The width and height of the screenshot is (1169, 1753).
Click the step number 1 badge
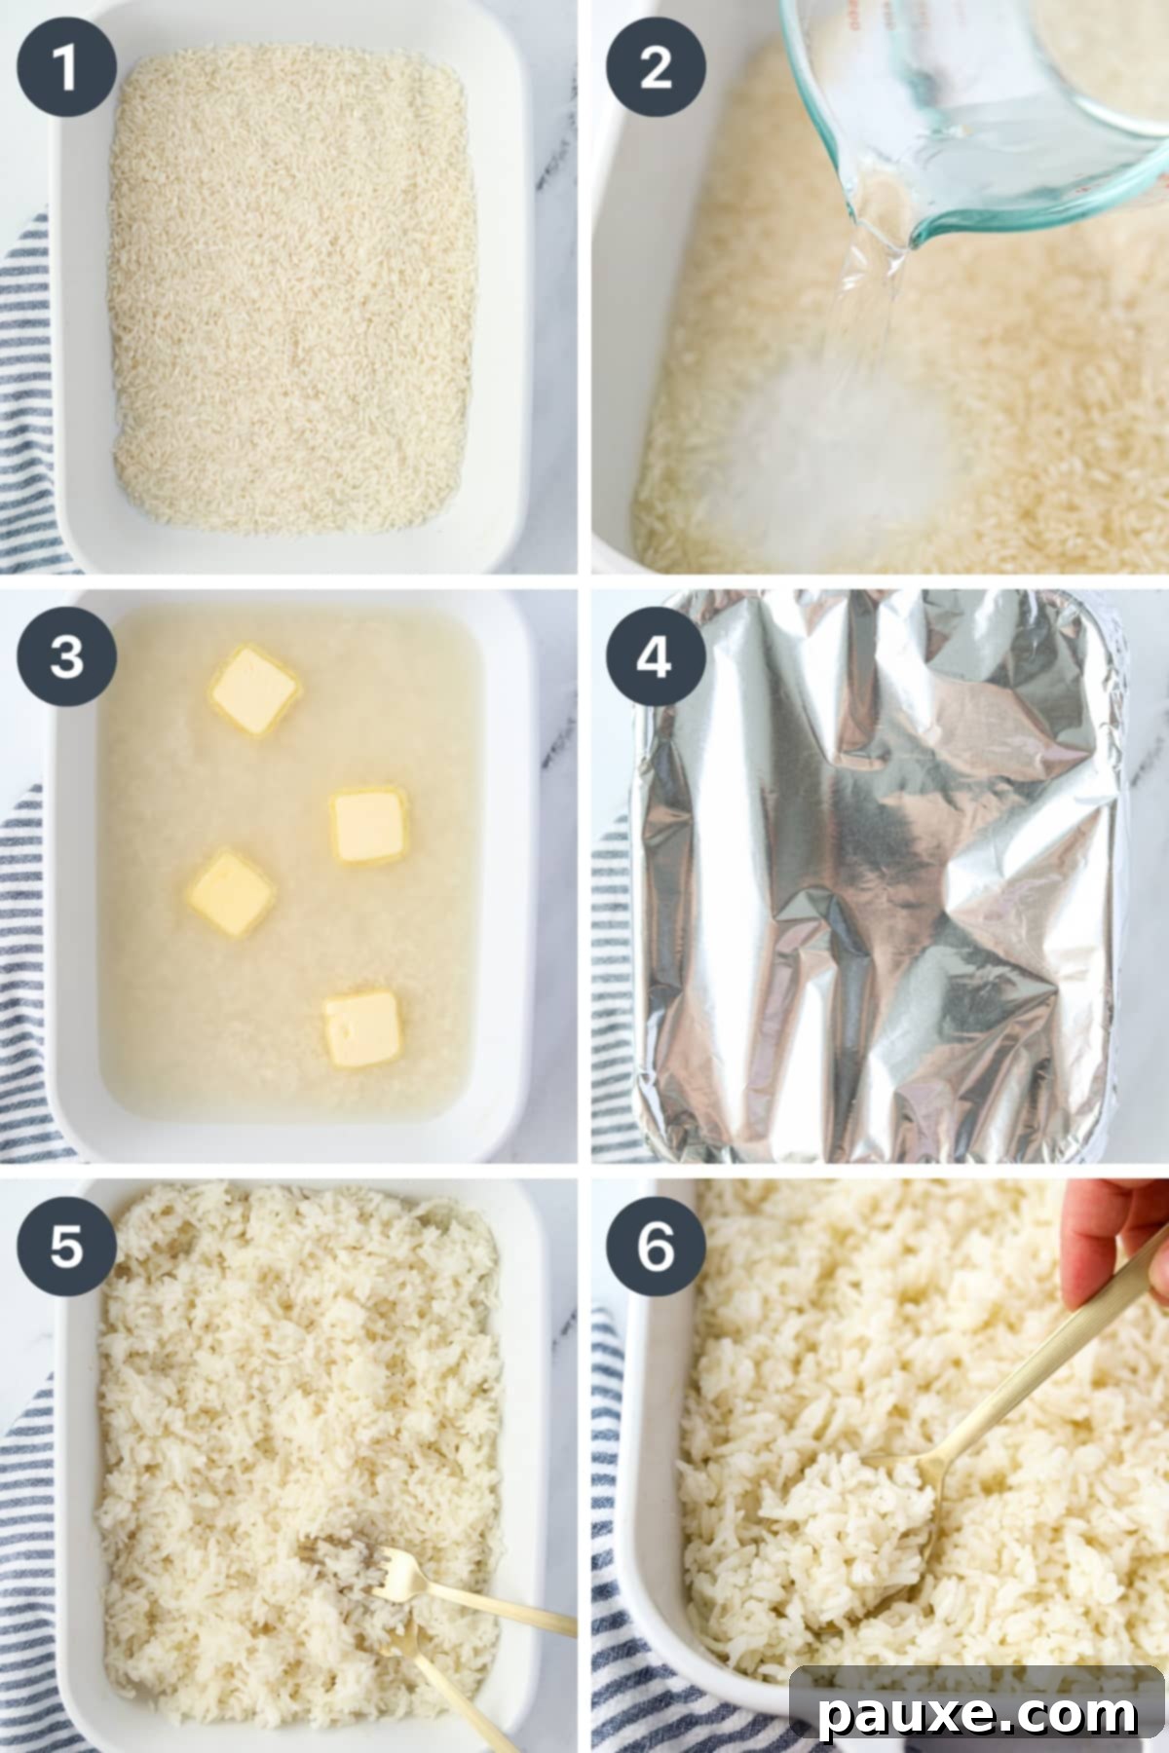[65, 68]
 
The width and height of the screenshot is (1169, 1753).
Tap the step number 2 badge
[656, 68]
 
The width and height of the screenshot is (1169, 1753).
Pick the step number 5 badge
[65, 1246]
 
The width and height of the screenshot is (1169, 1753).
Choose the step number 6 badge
[656, 1246]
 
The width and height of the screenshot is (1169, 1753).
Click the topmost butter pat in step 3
[253, 690]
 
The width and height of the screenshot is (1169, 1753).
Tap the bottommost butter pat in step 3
[362, 1027]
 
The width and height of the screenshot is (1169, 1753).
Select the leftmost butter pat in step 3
[230, 893]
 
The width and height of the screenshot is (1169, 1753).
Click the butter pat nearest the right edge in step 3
[368, 826]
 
